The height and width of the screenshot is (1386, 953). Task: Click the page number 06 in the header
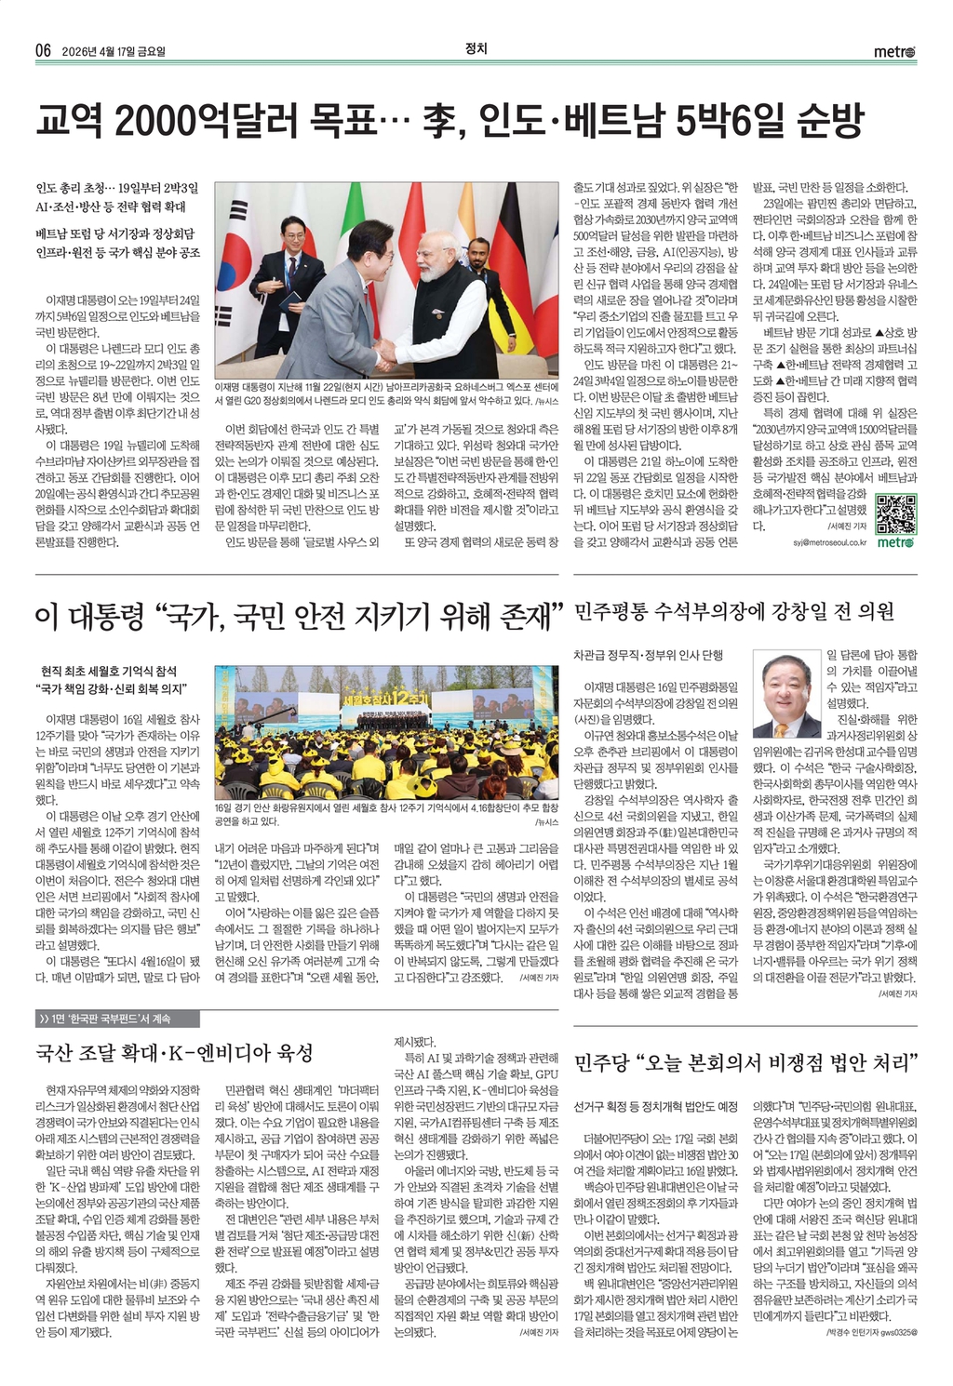tap(42, 51)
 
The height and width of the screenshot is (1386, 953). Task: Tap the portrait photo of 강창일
tap(787, 696)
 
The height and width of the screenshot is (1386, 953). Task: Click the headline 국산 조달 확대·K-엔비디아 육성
tap(174, 1053)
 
